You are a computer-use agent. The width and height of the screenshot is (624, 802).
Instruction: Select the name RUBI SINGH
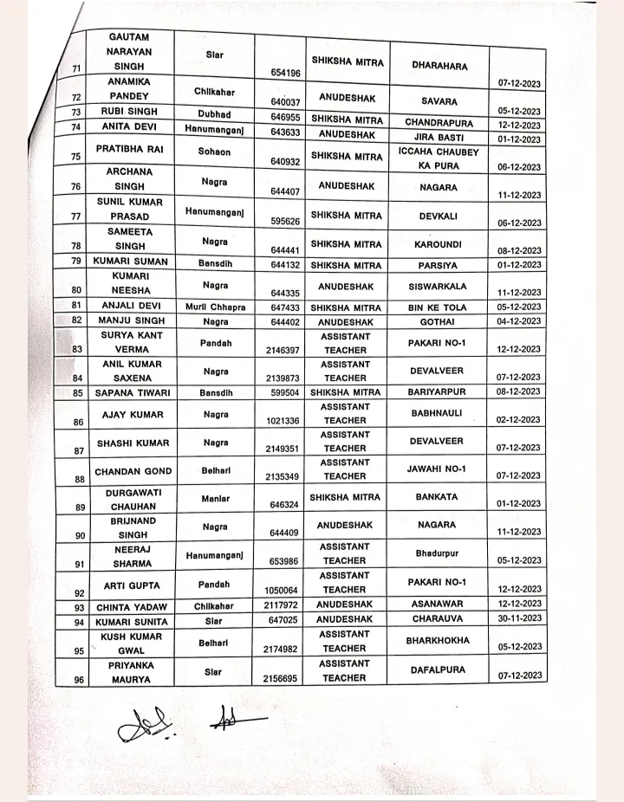[127, 112]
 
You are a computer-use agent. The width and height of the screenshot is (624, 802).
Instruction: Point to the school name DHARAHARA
[439, 66]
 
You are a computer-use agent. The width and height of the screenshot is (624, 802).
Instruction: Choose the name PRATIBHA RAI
[128, 149]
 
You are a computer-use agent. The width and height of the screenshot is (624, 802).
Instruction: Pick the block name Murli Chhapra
[215, 307]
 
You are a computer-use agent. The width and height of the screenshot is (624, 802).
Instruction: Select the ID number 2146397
[283, 350]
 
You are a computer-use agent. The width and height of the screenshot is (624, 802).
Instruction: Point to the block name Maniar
[215, 500]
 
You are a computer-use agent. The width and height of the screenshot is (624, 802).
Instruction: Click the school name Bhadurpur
[437, 552]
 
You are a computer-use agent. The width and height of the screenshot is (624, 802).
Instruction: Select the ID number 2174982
[283, 649]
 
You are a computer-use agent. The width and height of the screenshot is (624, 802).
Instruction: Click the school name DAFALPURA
[437, 669]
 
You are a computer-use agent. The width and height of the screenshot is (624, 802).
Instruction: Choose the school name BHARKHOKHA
[438, 641]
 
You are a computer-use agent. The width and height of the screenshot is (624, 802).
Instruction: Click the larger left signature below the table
[148, 725]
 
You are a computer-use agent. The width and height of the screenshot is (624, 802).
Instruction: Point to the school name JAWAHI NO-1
[437, 469]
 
